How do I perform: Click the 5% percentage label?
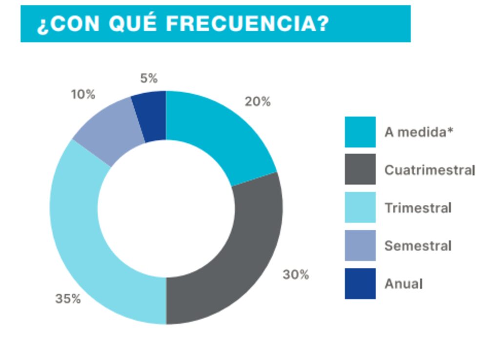[148, 78]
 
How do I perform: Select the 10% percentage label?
[83, 95]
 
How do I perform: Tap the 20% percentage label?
[257, 102]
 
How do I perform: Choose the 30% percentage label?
[296, 275]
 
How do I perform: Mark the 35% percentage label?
[68, 299]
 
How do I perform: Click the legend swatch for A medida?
[360, 132]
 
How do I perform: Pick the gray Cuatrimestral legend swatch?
[360, 170]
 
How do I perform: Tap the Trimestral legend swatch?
[360, 208]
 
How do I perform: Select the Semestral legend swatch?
[360, 245]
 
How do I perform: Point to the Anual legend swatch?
[360, 283]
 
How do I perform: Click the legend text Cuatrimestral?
[429, 170]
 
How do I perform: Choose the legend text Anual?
[404, 284]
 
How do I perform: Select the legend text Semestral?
[418, 246]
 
